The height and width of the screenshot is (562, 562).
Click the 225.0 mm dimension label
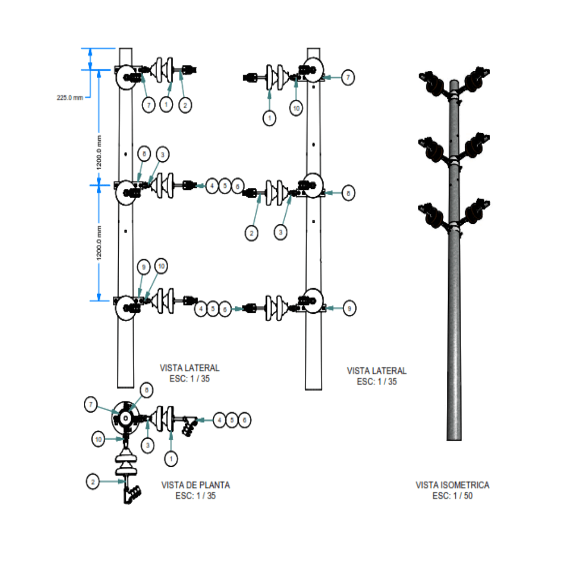tap(70, 97)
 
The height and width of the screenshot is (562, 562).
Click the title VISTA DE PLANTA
tap(196, 485)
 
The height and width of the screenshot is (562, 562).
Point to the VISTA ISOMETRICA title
tap(452, 485)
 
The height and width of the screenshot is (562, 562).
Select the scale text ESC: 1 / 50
tap(452, 496)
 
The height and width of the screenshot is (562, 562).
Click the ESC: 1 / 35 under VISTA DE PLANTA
tap(196, 496)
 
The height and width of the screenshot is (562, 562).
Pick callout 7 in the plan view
tap(92, 404)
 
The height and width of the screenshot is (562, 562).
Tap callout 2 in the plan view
tap(92, 482)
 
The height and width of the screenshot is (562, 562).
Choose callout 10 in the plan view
tap(99, 439)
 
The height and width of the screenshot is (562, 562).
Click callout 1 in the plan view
tap(171, 458)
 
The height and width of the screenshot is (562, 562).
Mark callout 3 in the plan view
tap(148, 445)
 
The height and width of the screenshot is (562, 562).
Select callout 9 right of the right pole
tap(349, 309)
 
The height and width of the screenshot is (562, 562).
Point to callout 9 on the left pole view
tap(144, 267)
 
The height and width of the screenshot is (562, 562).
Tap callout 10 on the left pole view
tap(161, 266)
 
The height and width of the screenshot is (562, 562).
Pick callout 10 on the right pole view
tap(296, 108)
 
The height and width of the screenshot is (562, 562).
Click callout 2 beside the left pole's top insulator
tap(185, 105)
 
